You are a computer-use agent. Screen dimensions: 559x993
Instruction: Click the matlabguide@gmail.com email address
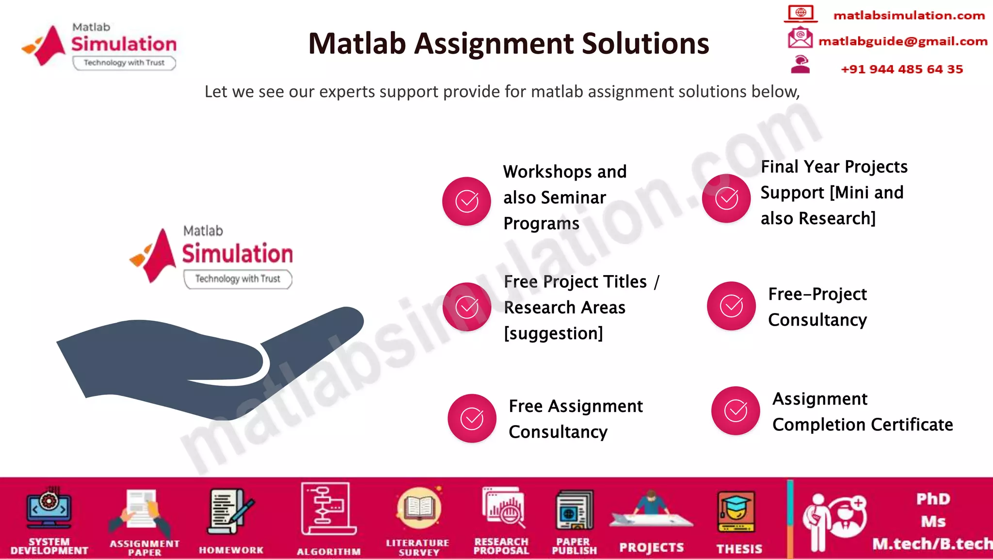click(902, 41)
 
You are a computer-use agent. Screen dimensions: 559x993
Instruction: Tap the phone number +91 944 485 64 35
click(901, 69)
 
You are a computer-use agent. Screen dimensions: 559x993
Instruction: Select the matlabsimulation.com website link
click(909, 16)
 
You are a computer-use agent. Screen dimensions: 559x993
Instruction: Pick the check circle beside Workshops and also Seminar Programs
click(466, 201)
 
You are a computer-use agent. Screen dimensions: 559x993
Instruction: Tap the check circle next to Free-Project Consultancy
click(731, 306)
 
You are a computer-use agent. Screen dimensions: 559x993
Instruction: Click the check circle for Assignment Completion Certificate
click(736, 411)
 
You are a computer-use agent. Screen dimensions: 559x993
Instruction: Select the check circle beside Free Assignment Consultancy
click(472, 418)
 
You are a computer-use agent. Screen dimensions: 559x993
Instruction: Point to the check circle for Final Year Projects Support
click(726, 198)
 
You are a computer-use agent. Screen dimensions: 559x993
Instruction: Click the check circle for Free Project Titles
click(467, 307)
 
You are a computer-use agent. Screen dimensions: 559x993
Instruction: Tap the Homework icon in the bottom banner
click(230, 512)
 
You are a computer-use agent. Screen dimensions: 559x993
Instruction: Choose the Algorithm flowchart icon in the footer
click(328, 509)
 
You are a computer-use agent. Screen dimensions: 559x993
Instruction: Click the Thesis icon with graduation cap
click(736, 512)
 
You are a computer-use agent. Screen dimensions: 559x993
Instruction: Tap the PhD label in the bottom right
click(933, 499)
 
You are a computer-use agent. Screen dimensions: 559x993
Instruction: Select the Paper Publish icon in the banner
click(574, 510)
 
